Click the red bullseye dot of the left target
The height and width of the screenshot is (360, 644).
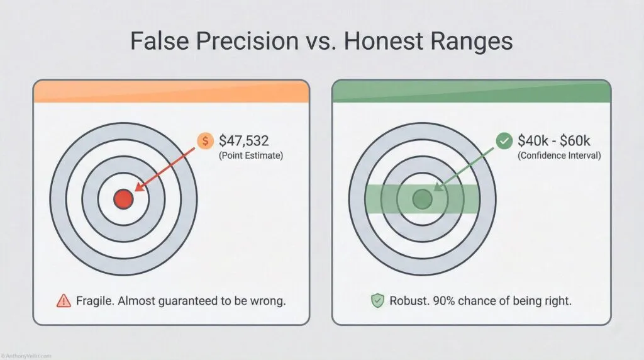coord(123,200)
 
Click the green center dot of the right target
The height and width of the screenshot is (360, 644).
coord(421,200)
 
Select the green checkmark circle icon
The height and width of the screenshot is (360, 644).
coord(504,141)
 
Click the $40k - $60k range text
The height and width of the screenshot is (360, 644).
coord(554,140)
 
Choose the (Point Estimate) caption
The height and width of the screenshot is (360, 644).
coord(251,155)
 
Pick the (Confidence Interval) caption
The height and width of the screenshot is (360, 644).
coord(559,155)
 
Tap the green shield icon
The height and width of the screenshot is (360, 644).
coord(377,301)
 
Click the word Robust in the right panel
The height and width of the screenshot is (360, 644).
coord(408,301)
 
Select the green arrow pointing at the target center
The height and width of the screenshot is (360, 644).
coord(465,169)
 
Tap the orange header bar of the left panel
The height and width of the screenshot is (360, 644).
coord(171,93)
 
